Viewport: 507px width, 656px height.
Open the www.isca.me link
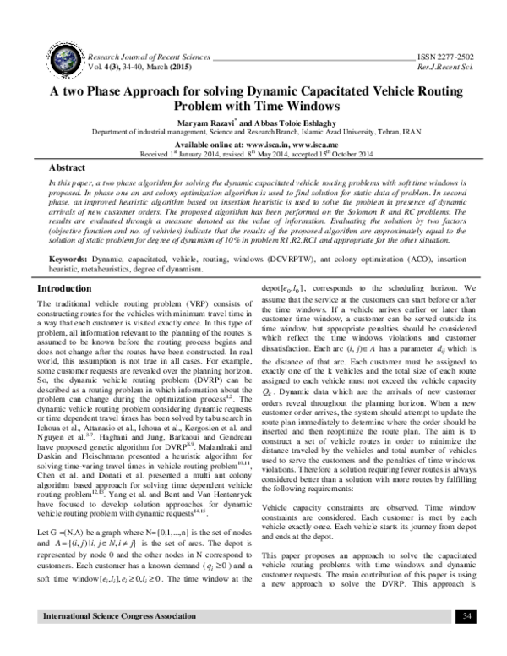click(x=312, y=144)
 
